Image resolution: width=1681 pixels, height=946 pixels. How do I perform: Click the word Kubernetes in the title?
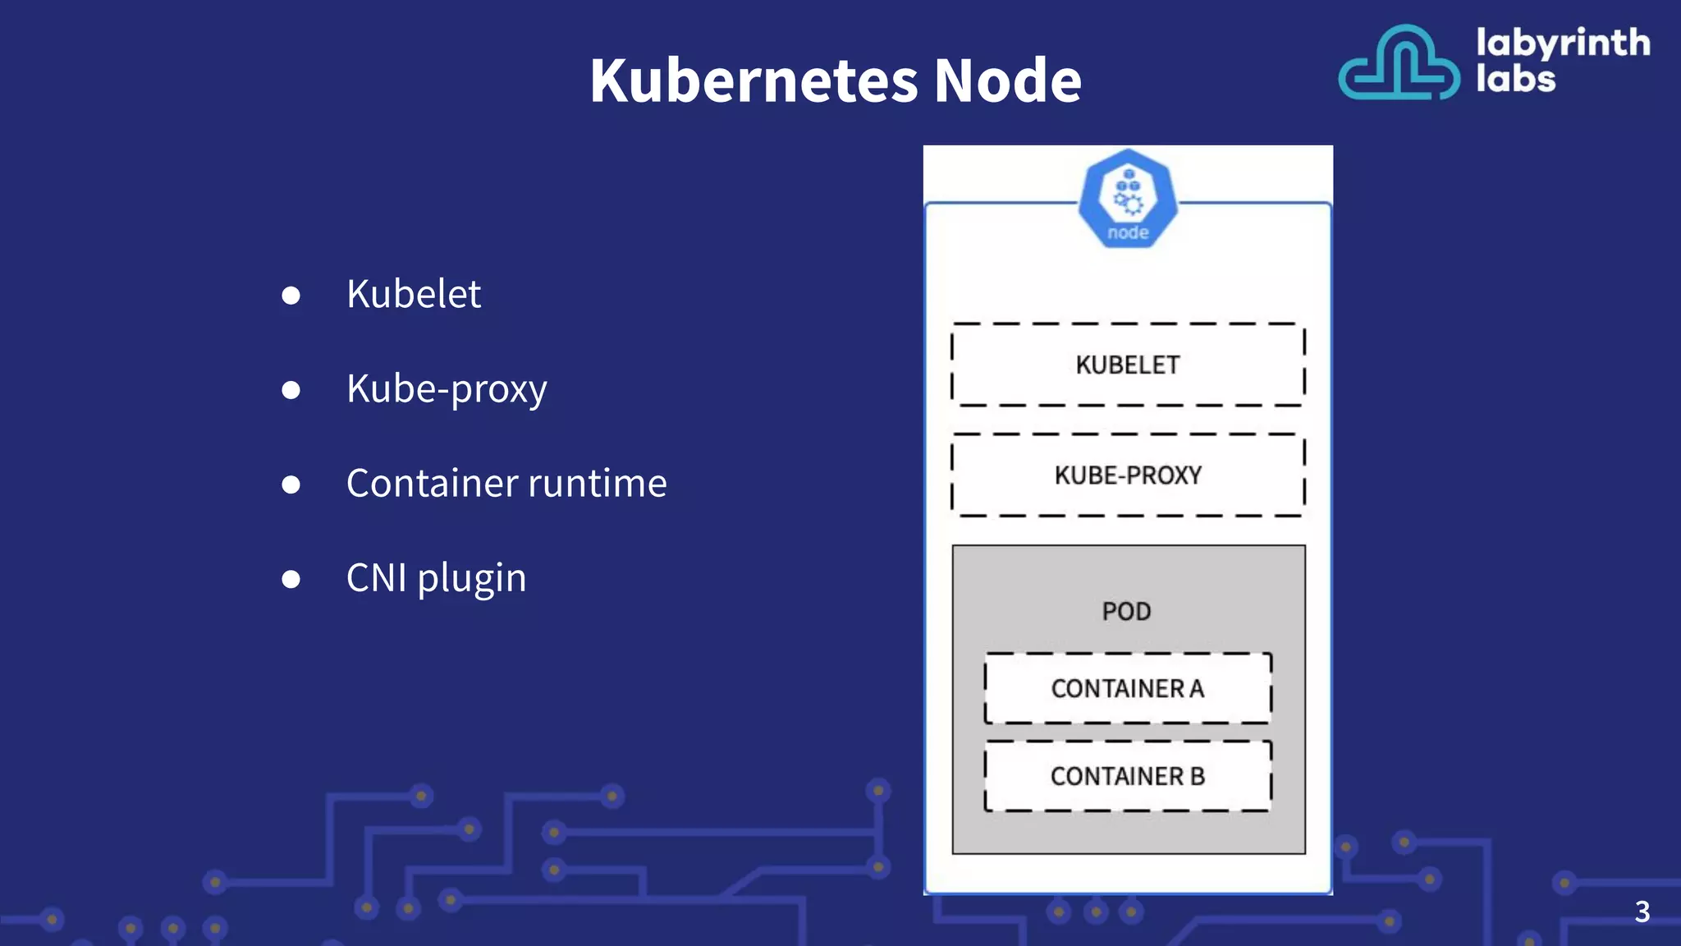753,80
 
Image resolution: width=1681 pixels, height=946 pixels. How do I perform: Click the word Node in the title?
1007,80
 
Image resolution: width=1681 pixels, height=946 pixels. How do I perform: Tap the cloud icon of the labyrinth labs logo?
1399,64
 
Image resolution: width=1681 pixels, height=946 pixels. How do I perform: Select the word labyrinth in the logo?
1562,43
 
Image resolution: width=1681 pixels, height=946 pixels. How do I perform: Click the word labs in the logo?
1515,80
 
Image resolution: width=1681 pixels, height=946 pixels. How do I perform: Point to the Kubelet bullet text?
413,294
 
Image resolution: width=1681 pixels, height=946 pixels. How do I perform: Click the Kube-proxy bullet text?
446,388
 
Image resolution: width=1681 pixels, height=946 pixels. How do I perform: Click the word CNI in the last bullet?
376,577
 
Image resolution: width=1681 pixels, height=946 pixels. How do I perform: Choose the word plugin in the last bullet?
471,579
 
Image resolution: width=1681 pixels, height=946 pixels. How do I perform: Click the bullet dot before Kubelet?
291,296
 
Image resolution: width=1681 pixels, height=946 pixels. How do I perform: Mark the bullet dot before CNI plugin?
291,579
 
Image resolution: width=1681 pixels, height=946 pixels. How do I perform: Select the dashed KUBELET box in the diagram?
1128,365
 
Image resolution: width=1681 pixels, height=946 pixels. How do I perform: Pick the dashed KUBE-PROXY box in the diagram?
1128,475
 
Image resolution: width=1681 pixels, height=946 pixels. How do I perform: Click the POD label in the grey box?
1126,611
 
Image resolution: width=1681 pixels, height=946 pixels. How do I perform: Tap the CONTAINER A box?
1128,688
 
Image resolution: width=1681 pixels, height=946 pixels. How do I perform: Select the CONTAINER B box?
1128,776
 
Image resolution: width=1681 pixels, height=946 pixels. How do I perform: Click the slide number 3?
1642,912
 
